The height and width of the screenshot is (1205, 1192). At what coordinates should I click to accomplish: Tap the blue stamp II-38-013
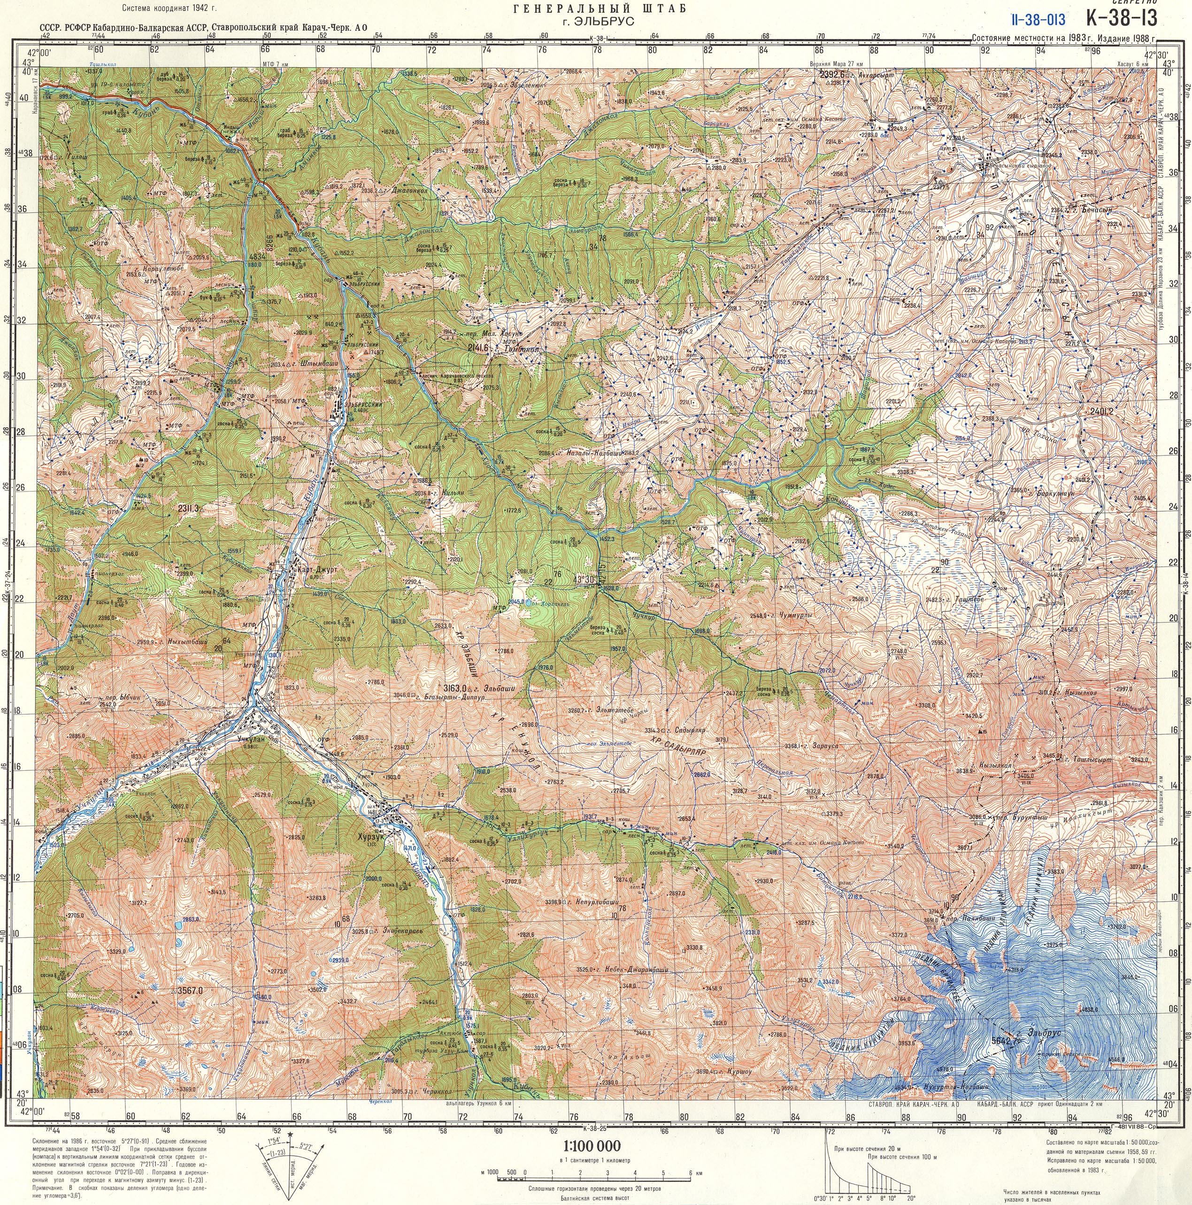click(x=1038, y=19)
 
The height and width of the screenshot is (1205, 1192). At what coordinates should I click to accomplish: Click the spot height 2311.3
click(x=188, y=508)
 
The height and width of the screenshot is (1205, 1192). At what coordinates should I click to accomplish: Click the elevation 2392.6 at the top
click(x=833, y=74)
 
